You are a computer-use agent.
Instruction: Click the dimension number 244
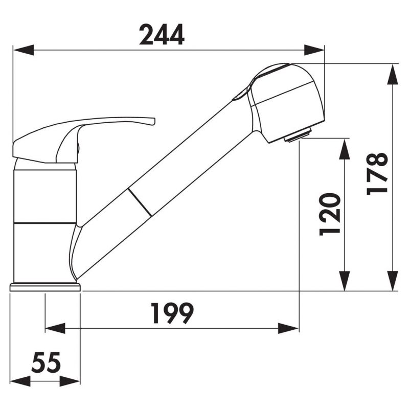click(x=162, y=35)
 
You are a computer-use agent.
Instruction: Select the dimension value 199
click(x=172, y=313)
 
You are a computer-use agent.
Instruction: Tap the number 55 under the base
click(x=46, y=362)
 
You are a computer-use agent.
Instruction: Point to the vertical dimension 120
click(x=330, y=214)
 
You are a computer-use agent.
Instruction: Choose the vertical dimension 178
click(x=377, y=174)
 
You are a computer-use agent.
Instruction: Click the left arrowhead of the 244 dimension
click(x=24, y=50)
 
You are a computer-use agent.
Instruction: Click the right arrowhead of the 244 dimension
click(x=314, y=50)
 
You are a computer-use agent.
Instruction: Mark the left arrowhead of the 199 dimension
click(x=55, y=328)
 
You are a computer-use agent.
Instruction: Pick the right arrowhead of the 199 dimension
click(x=288, y=328)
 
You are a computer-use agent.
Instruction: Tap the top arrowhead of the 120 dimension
click(x=345, y=149)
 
